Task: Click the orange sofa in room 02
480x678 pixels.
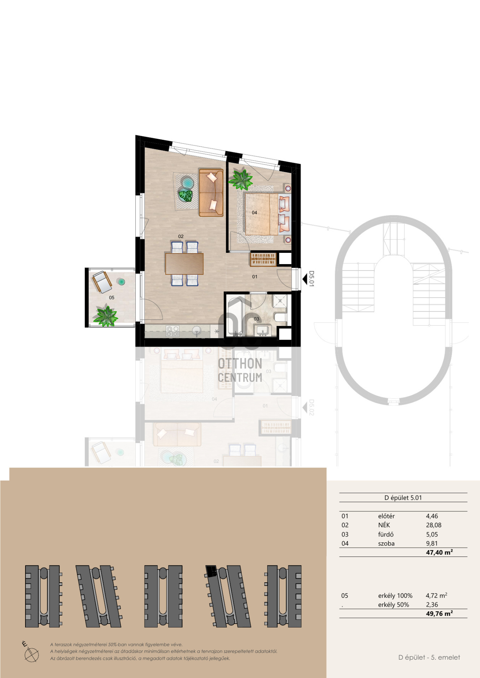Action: [211, 192]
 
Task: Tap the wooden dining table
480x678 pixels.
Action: [184, 263]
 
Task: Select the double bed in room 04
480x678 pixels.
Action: [268, 214]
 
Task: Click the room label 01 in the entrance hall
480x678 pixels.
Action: [255, 277]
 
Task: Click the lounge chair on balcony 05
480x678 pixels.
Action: [102, 281]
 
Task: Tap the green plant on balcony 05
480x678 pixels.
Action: [105, 315]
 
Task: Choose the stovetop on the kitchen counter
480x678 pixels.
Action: [173, 331]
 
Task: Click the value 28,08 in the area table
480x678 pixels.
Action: [434, 525]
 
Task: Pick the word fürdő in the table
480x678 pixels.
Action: [386, 534]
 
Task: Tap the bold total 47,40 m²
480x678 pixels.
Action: [439, 552]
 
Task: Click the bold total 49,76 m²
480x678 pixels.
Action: [439, 613]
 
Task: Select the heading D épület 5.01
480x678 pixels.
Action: [403, 498]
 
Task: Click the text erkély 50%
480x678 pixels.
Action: [393, 605]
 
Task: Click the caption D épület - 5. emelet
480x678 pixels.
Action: [429, 657]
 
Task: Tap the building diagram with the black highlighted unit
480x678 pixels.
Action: [228, 596]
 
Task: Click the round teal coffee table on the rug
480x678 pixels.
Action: [187, 183]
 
